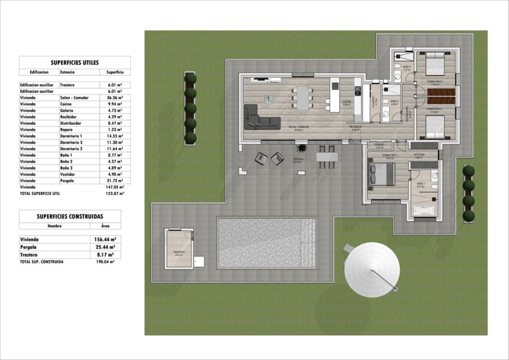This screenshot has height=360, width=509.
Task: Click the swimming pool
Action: (x=266, y=243)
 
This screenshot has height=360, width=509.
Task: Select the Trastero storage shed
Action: (x=179, y=249)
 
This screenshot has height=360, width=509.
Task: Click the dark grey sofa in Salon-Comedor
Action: (x=261, y=117)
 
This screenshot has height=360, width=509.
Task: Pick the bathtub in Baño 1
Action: (x=424, y=211)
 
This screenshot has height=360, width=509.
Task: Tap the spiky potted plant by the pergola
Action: (x=301, y=148)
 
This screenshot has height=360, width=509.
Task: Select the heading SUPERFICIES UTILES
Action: (x=75, y=63)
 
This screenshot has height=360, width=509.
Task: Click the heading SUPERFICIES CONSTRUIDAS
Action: (x=70, y=216)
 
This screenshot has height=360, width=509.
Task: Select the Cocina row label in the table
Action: (x=66, y=104)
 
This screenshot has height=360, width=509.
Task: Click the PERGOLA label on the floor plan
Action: (x=298, y=159)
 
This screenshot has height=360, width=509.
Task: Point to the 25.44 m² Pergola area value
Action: (x=106, y=247)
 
